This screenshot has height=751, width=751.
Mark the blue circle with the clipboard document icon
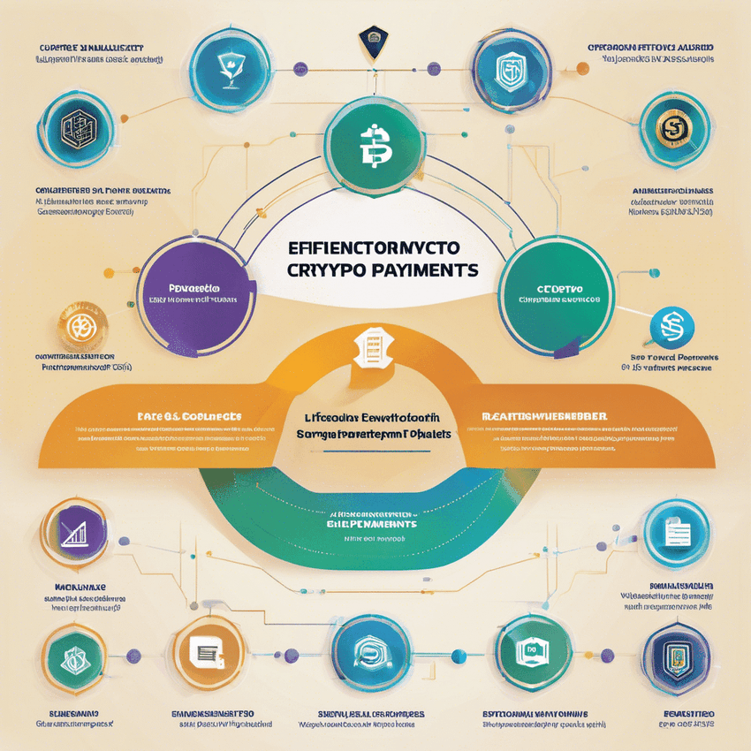[676, 534]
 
